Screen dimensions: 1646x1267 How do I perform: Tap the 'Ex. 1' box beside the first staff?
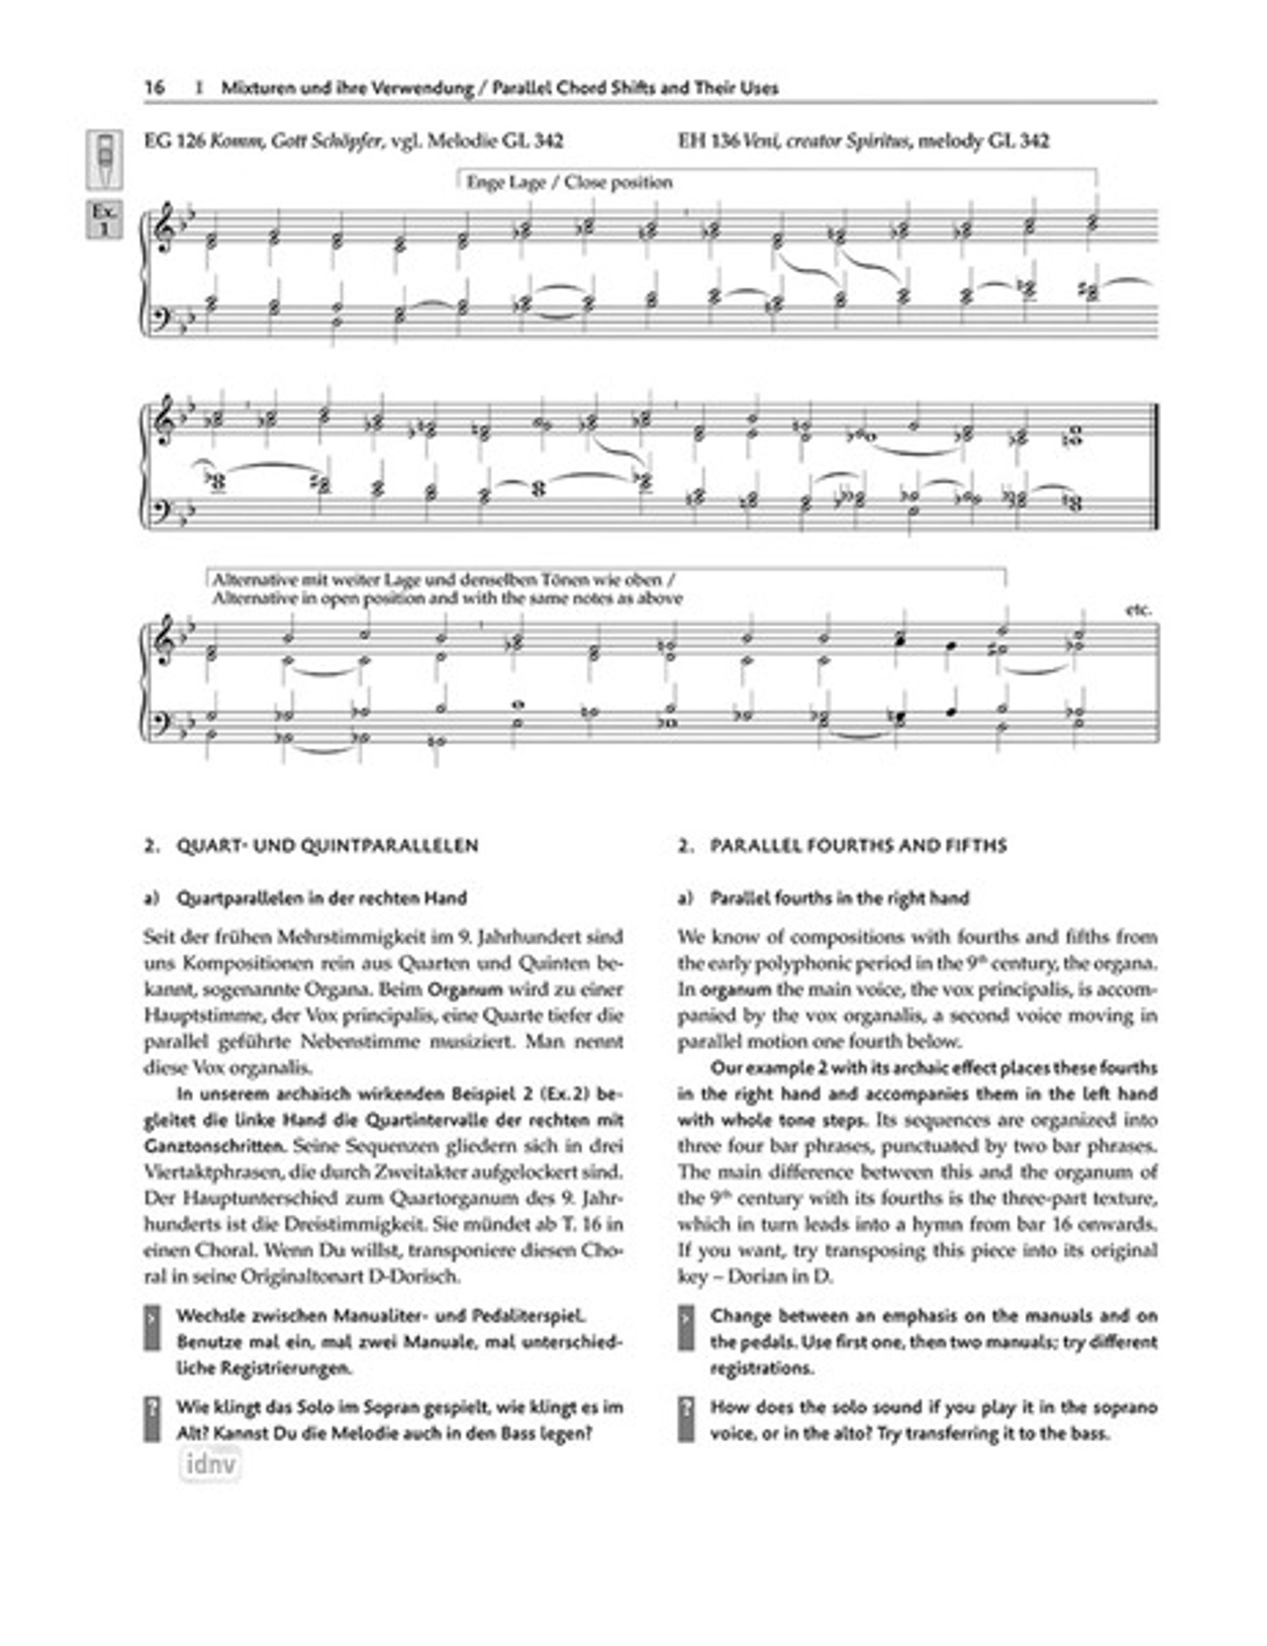click(x=104, y=219)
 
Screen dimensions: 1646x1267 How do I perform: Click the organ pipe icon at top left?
click(x=105, y=159)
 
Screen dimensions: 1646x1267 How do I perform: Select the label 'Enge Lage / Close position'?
click(x=569, y=182)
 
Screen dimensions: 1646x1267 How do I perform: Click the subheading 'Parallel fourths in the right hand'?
click(x=839, y=898)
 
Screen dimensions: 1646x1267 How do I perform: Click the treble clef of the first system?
click(x=164, y=228)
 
